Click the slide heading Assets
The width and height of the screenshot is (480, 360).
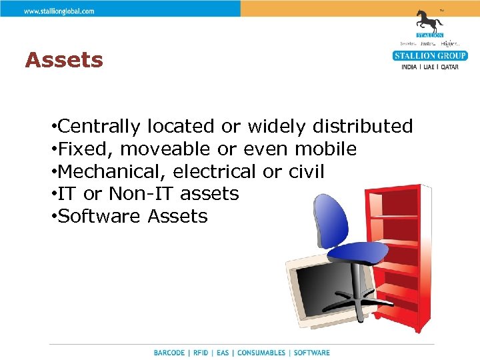click(64, 61)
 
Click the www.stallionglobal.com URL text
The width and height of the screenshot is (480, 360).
click(59, 11)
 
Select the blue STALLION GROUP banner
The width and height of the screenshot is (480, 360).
click(429, 56)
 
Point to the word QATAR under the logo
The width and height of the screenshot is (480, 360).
click(449, 67)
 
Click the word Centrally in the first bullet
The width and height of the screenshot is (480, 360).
click(99, 126)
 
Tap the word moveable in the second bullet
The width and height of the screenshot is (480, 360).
click(165, 149)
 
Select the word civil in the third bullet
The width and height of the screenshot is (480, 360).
click(307, 171)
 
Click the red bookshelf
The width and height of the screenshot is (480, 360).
click(400, 253)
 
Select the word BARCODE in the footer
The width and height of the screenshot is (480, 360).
click(169, 353)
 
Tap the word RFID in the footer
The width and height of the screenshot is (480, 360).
click(201, 353)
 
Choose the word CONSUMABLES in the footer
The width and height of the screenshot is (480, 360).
click(261, 353)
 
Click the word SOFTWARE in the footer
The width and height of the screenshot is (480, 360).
click(311, 353)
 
